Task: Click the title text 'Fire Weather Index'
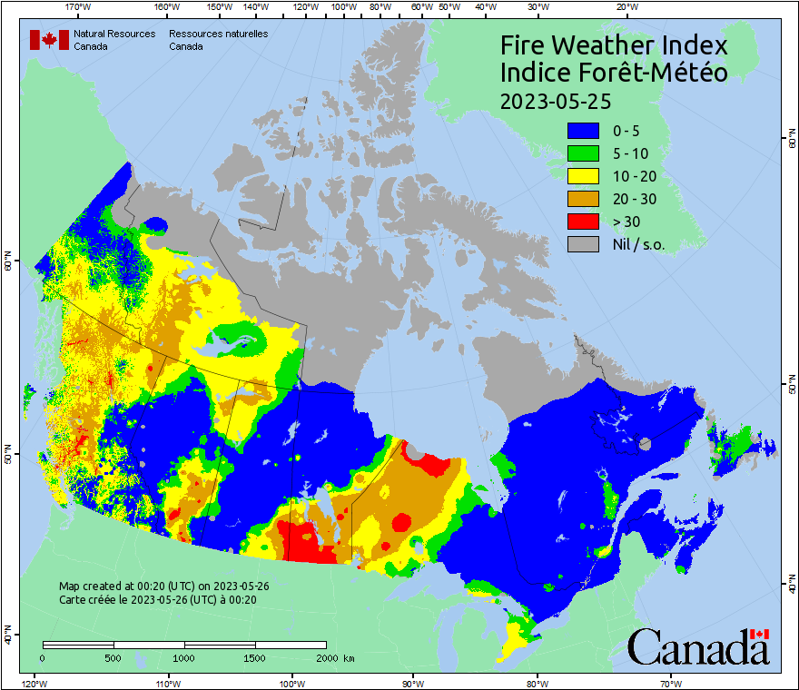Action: tap(614, 45)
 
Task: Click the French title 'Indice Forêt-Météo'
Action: tap(614, 73)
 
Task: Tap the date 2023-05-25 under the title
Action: tap(554, 100)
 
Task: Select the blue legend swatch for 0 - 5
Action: tap(583, 131)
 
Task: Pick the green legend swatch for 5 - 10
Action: tap(583, 153)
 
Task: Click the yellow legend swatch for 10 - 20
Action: tap(583, 176)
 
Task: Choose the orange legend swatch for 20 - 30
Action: tap(583, 199)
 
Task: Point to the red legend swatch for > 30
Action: tap(583, 222)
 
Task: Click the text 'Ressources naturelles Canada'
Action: tap(218, 40)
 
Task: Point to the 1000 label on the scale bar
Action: tap(184, 658)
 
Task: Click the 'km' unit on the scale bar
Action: tap(349, 658)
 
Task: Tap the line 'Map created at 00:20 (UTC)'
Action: tap(163, 586)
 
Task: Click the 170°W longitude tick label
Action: tap(79, 7)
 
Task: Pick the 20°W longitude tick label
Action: tap(625, 7)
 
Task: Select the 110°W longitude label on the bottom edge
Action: tap(167, 683)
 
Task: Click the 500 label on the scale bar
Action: tap(113, 658)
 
